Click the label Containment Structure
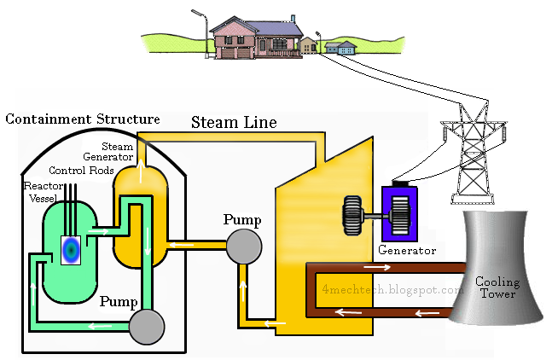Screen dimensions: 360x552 pos(83,119)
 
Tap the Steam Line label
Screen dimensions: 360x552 pos(233,122)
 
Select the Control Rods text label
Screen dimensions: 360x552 pos(81,170)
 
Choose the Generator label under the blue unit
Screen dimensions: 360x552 pos(406,251)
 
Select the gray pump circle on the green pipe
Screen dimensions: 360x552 pos(146,324)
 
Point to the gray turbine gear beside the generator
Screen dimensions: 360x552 pos(352,215)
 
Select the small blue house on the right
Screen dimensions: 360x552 pos(345,48)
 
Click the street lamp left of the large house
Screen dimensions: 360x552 pos(202,30)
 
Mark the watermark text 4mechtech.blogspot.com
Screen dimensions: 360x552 pos(392,289)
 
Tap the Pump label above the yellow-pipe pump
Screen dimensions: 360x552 pos(242,219)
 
